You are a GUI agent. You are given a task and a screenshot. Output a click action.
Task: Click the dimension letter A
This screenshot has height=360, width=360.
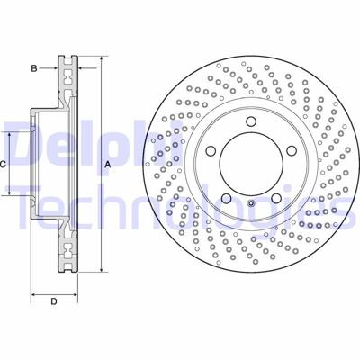[106, 165]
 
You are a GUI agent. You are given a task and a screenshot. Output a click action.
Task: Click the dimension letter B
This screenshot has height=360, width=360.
[33, 67]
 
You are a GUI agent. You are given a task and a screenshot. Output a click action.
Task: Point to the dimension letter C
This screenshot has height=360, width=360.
[4, 164]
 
